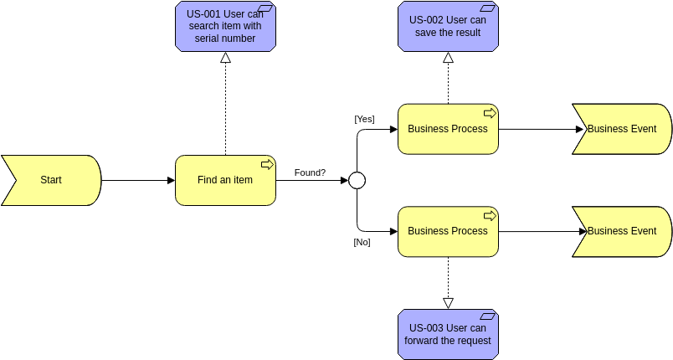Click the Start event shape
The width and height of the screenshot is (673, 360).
pyautogui.click(x=50, y=180)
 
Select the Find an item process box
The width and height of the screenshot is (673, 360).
pyautogui.click(x=225, y=180)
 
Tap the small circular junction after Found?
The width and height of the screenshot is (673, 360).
pyautogui.click(x=357, y=180)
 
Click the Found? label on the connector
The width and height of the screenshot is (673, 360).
pyautogui.click(x=310, y=172)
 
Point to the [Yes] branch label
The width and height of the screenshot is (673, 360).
pyautogui.click(x=364, y=119)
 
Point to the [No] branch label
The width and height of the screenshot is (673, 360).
pyautogui.click(x=362, y=242)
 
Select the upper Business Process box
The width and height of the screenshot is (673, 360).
pyautogui.click(x=448, y=129)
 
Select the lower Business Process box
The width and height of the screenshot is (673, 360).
pyautogui.click(x=448, y=231)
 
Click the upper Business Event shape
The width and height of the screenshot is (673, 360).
pyautogui.click(x=621, y=129)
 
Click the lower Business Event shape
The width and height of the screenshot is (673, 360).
pyautogui.click(x=621, y=231)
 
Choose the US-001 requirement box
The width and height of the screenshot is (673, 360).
pyautogui.click(x=225, y=27)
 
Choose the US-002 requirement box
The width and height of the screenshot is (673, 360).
pyautogui.click(x=448, y=27)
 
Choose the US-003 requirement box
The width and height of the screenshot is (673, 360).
pyautogui.click(x=448, y=334)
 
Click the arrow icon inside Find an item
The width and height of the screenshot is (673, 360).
pyautogui.click(x=267, y=164)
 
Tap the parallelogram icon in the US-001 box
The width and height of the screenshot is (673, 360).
pyautogui.click(x=267, y=10)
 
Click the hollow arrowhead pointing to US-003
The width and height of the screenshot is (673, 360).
pyautogui.click(x=448, y=303)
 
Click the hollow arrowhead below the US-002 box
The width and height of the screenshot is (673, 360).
pyautogui.click(x=448, y=58)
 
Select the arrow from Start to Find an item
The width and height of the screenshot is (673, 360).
pyautogui.click(x=138, y=180)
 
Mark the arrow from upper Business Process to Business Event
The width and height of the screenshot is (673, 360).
pyautogui.click(x=536, y=129)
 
